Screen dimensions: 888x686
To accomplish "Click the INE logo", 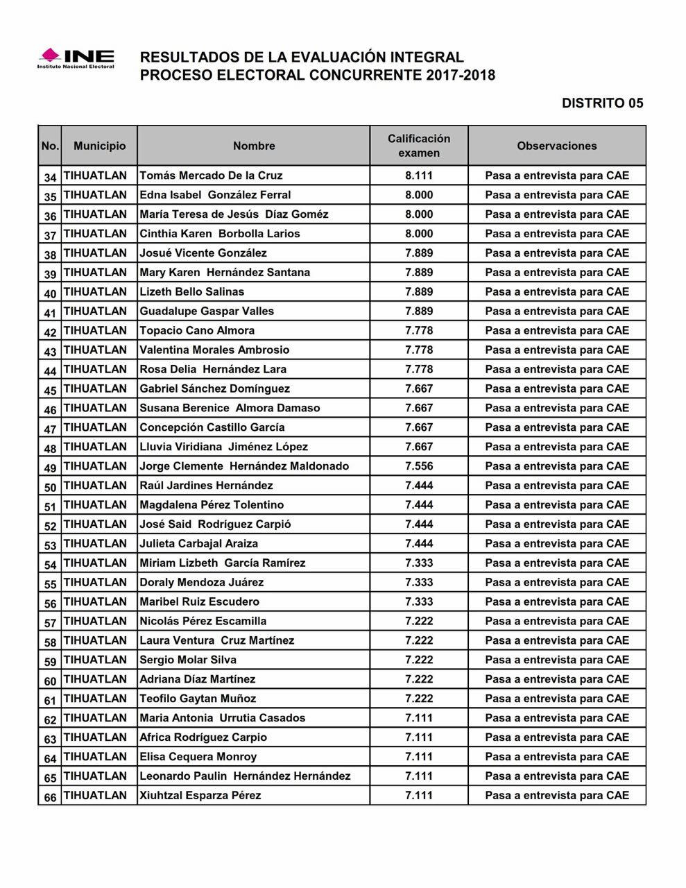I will click(x=76, y=58).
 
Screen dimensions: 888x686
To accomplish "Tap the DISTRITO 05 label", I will click(x=602, y=103).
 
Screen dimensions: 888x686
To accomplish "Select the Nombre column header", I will click(x=254, y=146).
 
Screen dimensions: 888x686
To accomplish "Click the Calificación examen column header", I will click(x=419, y=146).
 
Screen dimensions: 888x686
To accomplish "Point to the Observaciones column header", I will click(x=556, y=146).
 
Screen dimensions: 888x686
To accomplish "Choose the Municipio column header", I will click(x=100, y=146).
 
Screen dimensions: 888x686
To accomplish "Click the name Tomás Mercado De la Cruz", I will click(x=211, y=176).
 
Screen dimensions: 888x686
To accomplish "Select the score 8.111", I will click(x=419, y=176).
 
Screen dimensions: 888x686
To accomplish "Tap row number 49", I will click(x=50, y=468).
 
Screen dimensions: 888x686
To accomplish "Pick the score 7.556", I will click(x=419, y=466).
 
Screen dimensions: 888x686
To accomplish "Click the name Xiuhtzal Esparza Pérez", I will click(x=200, y=795).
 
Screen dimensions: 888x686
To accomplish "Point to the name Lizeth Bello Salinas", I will click(x=192, y=292).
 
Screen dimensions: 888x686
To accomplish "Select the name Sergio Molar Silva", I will click(x=188, y=660).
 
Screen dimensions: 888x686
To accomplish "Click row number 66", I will click(x=50, y=797).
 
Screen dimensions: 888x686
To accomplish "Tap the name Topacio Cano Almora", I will click(x=197, y=331).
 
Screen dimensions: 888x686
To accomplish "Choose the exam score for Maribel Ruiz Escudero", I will click(x=419, y=601).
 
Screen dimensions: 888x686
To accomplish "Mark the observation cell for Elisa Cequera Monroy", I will click(x=556, y=757).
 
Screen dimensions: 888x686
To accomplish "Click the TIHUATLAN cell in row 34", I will click(x=96, y=176).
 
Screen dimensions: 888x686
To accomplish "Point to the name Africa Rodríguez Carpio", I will click(x=203, y=737).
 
